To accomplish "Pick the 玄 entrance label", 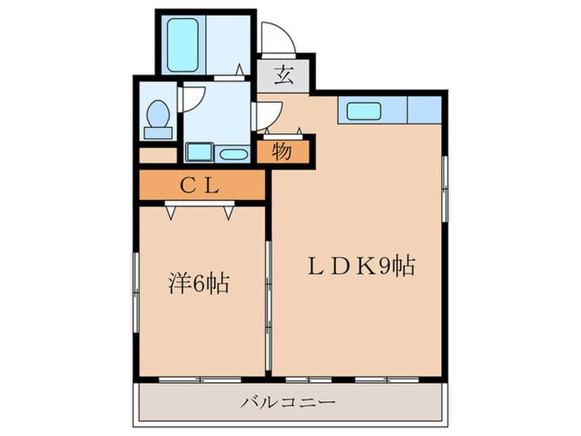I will click(284, 76).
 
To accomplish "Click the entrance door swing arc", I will click(275, 39).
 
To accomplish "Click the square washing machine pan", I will click(199, 152).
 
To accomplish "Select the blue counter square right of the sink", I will click(424, 110).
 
